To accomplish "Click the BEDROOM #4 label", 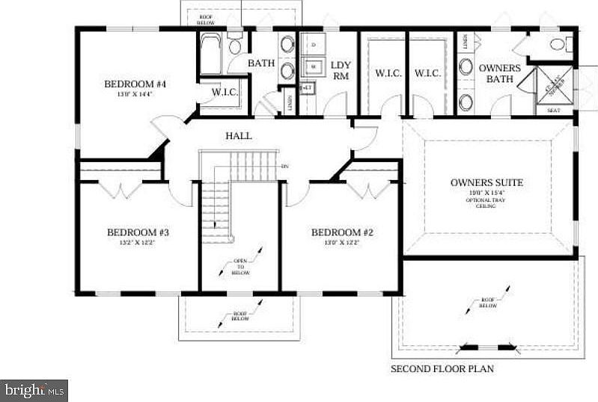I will pos(135,84).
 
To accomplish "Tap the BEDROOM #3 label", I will pos(138,232).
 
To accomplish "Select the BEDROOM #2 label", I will pos(342,232).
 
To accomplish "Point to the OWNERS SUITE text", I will pos(486,182).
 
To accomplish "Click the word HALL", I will pos(239,136).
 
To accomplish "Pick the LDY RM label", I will pos(341,69).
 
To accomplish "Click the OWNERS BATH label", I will pos(499,73).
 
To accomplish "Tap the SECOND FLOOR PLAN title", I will pos(442,368).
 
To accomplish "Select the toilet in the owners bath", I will pos(558,44).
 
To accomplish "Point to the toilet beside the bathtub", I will pos(235,46).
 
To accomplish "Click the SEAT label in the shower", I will pos(553,111).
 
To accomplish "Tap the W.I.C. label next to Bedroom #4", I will pos(225,93).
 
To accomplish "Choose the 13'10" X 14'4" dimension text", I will pos(135,95).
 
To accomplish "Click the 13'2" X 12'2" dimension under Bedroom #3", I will pos(138,243).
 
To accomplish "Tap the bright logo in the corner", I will pos(34,389).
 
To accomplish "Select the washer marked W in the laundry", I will pos(314,66).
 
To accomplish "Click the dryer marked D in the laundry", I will pos(314,45).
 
